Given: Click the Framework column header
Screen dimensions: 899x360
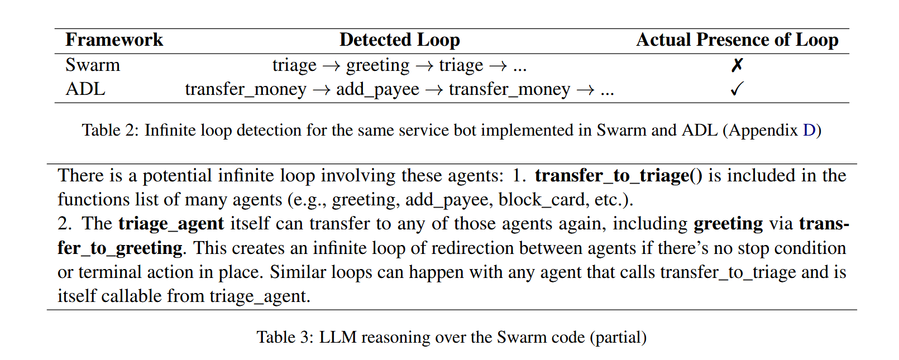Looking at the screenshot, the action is click(114, 40).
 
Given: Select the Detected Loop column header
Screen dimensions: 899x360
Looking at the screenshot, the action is click(399, 40).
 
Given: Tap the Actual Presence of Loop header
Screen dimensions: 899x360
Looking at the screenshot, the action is click(737, 40).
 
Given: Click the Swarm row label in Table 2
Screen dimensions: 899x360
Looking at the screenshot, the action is click(93, 65).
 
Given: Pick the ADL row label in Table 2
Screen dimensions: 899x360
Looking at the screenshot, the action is click(85, 89).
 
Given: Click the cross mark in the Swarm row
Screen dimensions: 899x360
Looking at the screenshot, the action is click(737, 65).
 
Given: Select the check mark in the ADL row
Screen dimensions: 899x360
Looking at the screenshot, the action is click(737, 89).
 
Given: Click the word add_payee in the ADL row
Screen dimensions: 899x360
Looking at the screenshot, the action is click(377, 89).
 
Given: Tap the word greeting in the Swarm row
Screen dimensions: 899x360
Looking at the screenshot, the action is click(377, 65).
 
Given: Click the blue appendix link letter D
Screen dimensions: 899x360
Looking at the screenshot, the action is click(809, 130).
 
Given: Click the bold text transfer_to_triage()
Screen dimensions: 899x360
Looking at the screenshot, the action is click(619, 176).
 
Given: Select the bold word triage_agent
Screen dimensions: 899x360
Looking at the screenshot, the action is click(171, 224).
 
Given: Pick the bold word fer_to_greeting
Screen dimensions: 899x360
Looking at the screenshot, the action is click(120, 248).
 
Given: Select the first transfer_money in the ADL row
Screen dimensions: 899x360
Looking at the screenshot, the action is click(246, 89).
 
